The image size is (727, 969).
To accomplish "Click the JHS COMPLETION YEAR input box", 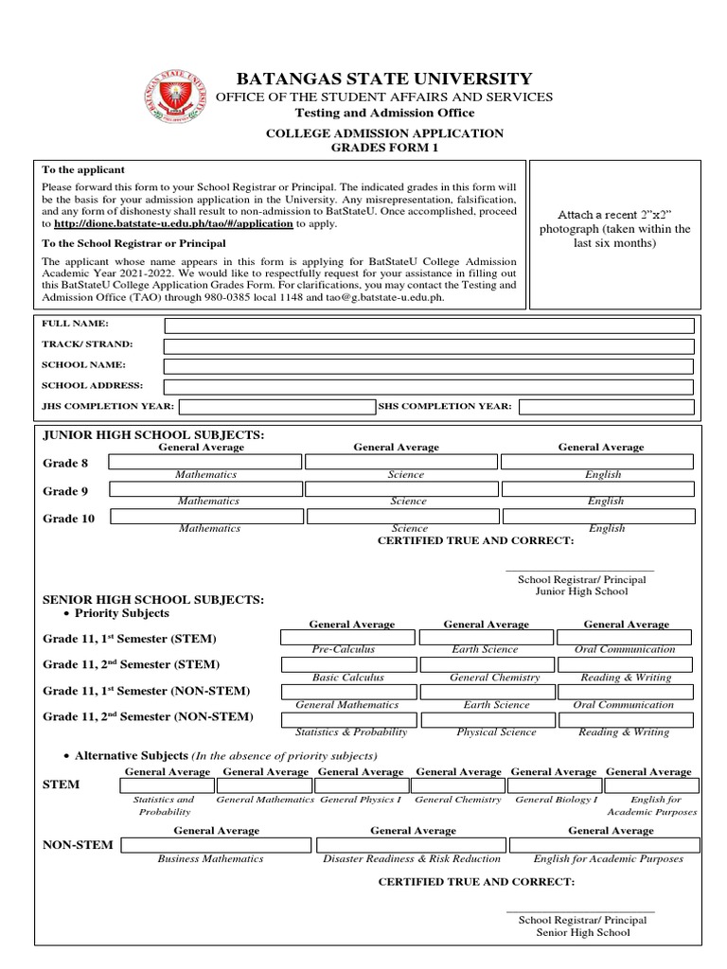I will (277, 407).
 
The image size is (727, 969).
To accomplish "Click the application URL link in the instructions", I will (173, 224).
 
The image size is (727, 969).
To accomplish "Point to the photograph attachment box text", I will (615, 229).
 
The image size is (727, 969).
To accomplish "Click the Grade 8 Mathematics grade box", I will (205, 462).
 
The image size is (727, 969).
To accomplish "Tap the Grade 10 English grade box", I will (600, 517).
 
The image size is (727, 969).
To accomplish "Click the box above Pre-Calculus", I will (344, 638).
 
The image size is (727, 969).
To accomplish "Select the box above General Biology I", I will (555, 785).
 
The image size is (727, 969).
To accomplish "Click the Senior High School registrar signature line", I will (580, 911).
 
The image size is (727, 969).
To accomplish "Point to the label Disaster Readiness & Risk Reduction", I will (412, 859).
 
